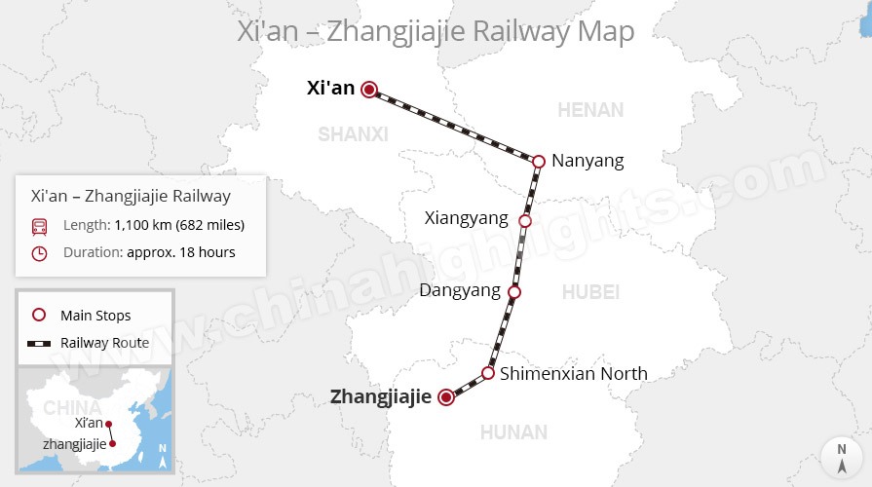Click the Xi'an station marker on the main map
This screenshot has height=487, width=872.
pyautogui.click(x=369, y=90)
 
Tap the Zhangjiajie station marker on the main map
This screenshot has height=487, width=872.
pyautogui.click(x=446, y=396)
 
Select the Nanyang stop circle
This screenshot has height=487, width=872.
pyautogui.click(x=538, y=161)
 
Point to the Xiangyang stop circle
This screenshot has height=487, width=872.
pyautogui.click(x=525, y=221)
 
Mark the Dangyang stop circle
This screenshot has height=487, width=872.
pyautogui.click(x=514, y=291)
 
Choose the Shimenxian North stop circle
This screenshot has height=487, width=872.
pyautogui.click(x=488, y=373)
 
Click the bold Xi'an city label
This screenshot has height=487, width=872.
pyautogui.click(x=330, y=89)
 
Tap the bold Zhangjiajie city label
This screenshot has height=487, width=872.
pyautogui.click(x=380, y=396)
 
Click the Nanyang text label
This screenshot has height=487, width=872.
pyautogui.click(x=588, y=161)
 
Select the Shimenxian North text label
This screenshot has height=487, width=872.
pyautogui.click(x=573, y=373)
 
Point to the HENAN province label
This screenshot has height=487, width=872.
pyautogui.click(x=589, y=110)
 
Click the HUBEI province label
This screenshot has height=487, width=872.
pyautogui.click(x=590, y=291)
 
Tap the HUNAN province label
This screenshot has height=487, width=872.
pyautogui.click(x=513, y=431)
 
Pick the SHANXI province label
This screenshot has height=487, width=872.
pyautogui.click(x=353, y=134)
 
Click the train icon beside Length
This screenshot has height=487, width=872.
pyautogui.click(x=39, y=226)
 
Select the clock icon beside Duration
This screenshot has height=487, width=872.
pyautogui.click(x=39, y=253)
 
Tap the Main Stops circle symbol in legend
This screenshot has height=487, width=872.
pyautogui.click(x=39, y=316)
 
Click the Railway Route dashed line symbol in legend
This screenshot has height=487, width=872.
pyautogui.click(x=39, y=343)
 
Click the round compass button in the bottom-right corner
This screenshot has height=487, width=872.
pyautogui.click(x=840, y=456)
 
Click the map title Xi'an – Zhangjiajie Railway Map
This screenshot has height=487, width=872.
pyautogui.click(x=436, y=30)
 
